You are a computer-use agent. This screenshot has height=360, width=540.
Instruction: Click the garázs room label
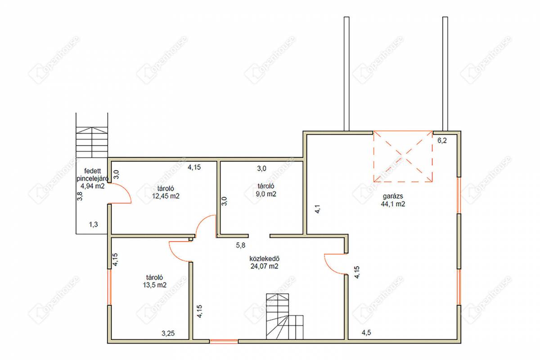coord(393,197)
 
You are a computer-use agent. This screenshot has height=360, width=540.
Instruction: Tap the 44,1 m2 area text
coord(393,204)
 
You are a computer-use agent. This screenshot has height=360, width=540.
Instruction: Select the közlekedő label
coord(265,259)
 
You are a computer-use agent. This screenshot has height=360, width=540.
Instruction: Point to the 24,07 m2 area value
coord(265,266)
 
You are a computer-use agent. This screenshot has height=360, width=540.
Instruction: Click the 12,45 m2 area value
coord(166,196)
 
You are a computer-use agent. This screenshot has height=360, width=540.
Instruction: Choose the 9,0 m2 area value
coord(266,194)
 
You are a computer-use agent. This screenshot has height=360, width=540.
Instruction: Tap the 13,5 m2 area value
coord(154,285)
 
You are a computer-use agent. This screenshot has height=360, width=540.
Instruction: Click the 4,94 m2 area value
coord(93,186)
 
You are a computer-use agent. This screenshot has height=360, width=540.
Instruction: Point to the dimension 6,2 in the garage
coord(442,140)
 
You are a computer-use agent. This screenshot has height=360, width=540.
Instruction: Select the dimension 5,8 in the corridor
coord(241,245)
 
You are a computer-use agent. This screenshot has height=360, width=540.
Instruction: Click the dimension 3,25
coord(168,333)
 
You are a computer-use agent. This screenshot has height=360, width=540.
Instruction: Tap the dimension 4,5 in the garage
coord(366,333)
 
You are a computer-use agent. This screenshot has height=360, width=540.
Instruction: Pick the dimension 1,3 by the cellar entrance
coord(94,225)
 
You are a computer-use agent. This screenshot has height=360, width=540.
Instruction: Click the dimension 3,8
coord(80,196)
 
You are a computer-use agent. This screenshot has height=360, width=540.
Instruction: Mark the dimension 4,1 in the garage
coord(318,209)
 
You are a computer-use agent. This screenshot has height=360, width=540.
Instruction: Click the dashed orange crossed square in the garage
coord(403,156)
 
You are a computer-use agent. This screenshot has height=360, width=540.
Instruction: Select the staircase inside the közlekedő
coord(285,316)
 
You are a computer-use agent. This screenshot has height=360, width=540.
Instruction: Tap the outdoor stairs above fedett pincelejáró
coord(92,143)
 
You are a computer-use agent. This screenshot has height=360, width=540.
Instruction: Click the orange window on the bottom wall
coord(224,341)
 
